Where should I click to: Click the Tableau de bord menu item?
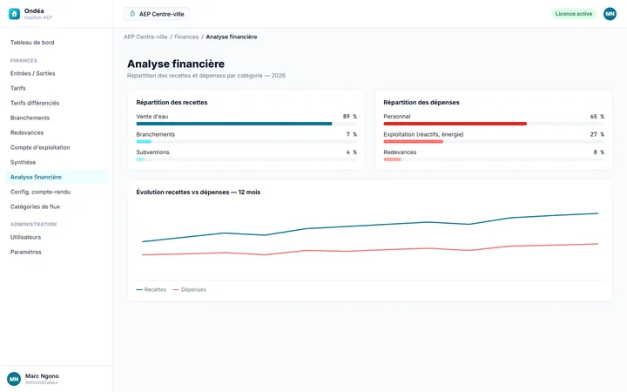32,43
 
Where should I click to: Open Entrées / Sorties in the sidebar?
33,73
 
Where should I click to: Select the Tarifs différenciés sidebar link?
35,103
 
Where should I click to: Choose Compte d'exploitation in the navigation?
40,147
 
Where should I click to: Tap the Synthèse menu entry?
24,162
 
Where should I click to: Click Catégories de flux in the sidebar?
35,206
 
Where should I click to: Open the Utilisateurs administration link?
25,237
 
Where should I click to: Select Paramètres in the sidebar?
26,252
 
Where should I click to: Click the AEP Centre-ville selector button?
157,14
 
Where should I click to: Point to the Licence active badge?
573,14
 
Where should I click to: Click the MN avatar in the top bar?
610,14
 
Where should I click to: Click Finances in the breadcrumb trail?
186,37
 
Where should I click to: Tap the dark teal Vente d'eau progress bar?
234,124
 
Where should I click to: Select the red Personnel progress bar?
455,124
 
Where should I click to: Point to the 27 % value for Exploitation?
597,134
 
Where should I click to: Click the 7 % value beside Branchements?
352,134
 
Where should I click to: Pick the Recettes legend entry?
152,289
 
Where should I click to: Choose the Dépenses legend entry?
190,289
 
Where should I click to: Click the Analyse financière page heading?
176,64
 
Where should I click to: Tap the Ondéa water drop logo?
15,14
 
